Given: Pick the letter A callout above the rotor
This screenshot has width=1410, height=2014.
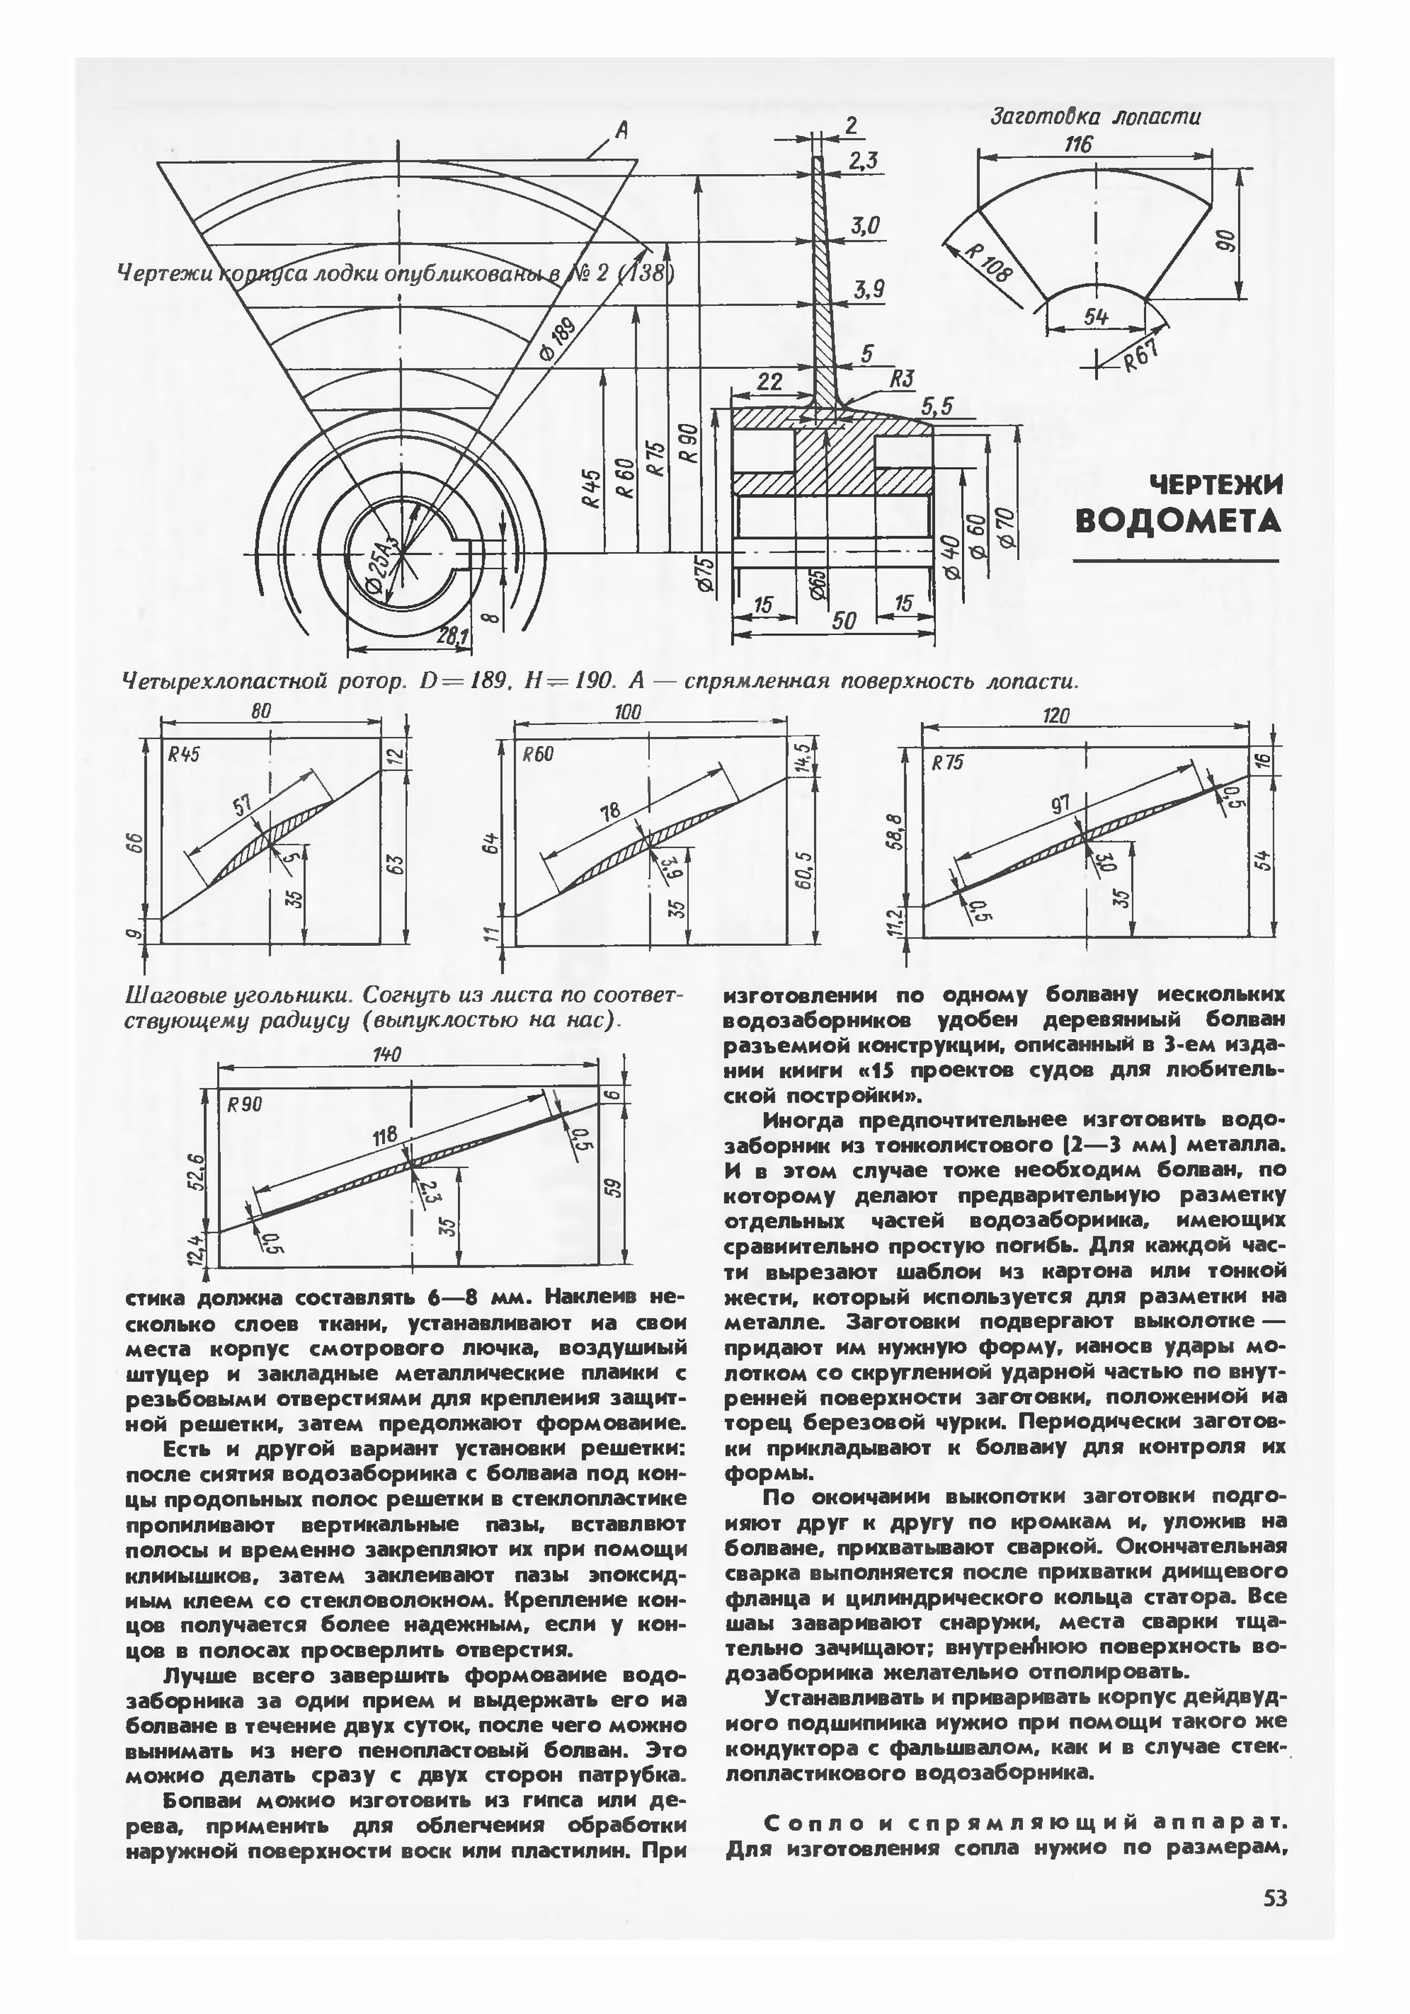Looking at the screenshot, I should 621,131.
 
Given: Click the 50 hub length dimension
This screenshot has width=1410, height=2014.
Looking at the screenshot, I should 843,620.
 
